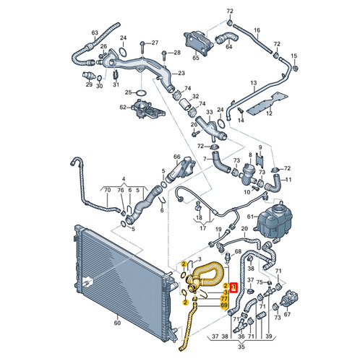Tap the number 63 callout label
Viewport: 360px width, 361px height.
click(94, 33)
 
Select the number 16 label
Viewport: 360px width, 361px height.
click(256, 30)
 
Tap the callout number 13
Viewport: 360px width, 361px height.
click(253, 84)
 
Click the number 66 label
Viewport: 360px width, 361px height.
click(176, 157)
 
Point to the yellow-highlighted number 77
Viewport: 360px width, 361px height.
click(224, 297)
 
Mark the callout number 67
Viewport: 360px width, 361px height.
click(288, 315)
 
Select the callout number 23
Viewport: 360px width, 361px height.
click(180, 74)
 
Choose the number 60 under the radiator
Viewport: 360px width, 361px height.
click(116, 323)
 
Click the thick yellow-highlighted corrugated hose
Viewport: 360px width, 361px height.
click(210, 273)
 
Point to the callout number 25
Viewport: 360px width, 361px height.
click(129, 92)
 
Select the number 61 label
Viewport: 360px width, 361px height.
click(251, 216)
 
